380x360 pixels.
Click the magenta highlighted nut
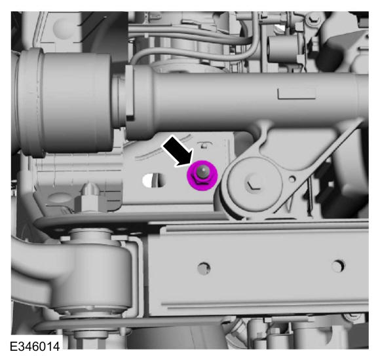point(202,175)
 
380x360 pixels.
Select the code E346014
point(35,346)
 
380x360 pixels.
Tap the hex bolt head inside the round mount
point(254,183)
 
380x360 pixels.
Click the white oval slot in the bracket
point(154,181)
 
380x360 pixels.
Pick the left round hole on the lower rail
point(204,268)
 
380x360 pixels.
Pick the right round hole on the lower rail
point(338,266)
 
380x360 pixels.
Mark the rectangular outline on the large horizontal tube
point(297,94)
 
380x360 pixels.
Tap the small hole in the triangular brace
point(292,179)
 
